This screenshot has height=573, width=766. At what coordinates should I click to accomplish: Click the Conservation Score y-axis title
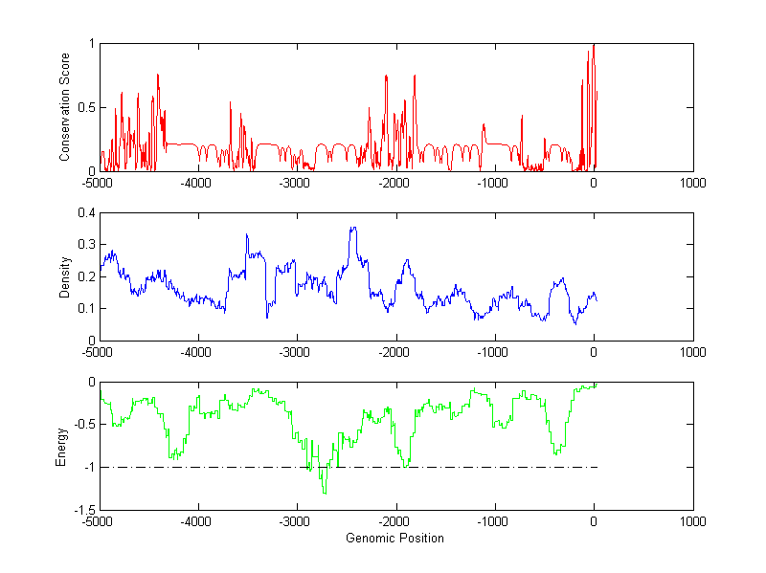(x=63, y=107)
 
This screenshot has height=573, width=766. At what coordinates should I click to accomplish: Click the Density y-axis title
(x=63, y=276)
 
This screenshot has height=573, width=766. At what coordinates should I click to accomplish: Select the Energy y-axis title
(x=63, y=446)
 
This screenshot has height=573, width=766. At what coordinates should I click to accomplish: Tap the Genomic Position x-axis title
(x=394, y=538)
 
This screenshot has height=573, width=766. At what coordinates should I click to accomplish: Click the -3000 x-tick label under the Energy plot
(x=296, y=522)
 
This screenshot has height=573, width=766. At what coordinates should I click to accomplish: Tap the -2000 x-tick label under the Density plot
(x=394, y=353)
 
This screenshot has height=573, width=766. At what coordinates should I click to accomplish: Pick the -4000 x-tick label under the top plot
(x=197, y=184)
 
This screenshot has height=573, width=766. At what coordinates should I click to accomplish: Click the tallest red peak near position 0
(x=595, y=45)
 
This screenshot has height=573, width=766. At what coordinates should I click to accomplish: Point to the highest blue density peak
(x=353, y=228)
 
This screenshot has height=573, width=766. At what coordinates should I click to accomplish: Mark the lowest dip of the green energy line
(x=326, y=493)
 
